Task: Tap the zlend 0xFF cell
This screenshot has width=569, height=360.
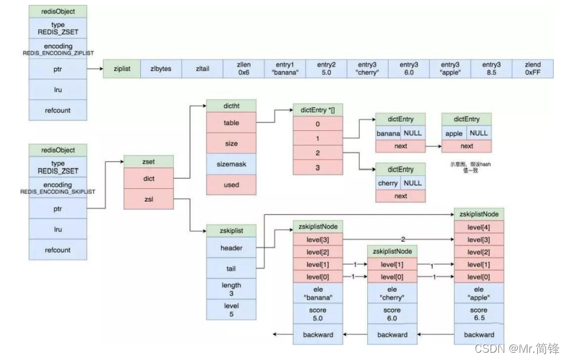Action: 533,69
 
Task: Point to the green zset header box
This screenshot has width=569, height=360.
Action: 148,162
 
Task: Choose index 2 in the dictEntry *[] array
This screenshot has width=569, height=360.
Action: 317,154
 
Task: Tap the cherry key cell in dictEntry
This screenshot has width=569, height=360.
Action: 387,183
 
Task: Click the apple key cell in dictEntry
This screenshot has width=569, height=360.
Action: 454,133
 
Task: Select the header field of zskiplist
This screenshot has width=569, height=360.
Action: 231,248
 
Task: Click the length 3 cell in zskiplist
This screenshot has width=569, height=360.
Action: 231,289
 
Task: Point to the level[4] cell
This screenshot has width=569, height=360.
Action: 479,227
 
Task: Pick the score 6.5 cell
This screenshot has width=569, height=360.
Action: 479,314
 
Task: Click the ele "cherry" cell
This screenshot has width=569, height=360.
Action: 392,293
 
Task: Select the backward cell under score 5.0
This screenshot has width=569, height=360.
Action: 317,334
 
